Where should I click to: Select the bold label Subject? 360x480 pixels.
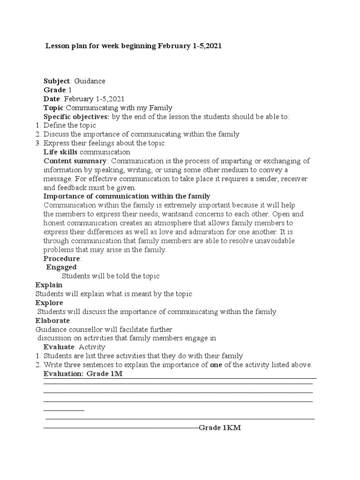pyautogui.click(x=56, y=81)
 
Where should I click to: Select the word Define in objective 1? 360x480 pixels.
pyautogui.click(x=54, y=126)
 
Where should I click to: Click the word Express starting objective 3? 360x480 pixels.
pyautogui.click(x=56, y=143)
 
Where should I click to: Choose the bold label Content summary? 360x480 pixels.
pyautogui.click(x=75, y=161)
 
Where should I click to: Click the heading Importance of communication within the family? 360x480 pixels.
pyautogui.click(x=127, y=196)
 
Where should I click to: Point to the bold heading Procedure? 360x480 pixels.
pyautogui.click(x=62, y=258)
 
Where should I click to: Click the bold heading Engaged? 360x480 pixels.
pyautogui.click(x=61, y=267)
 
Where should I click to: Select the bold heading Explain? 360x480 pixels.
pyautogui.click(x=49, y=285)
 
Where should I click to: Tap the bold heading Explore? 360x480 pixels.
pyautogui.click(x=49, y=303)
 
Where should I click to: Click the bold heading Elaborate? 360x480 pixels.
pyautogui.click(x=52, y=321)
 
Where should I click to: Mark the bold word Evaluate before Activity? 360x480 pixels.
pyautogui.click(x=59, y=347)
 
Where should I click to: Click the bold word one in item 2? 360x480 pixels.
pyautogui.click(x=216, y=365)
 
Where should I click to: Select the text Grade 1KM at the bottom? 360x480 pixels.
pyautogui.click(x=220, y=428)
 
